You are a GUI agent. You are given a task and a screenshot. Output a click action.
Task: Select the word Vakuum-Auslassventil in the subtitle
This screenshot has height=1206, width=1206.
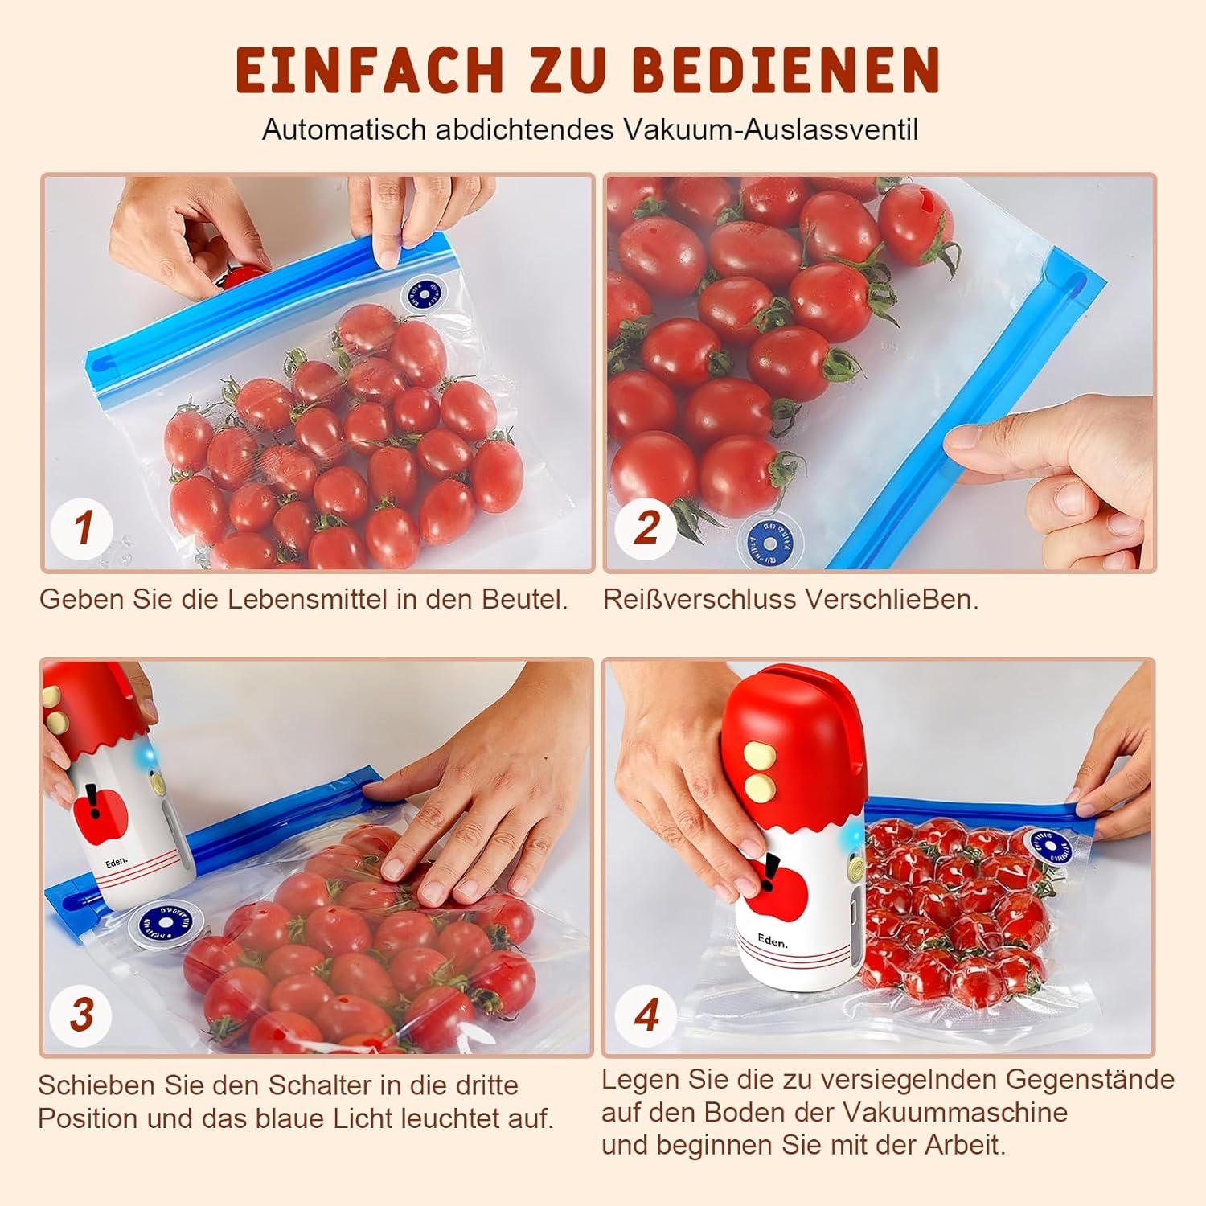[770, 129]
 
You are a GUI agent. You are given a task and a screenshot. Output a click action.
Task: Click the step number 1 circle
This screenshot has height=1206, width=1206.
[83, 527]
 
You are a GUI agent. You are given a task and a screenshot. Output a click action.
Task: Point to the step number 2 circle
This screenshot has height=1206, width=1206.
[646, 527]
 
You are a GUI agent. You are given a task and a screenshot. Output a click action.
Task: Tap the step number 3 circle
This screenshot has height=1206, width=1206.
[81, 1014]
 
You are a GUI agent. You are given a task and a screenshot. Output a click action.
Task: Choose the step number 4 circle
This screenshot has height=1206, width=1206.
[646, 1014]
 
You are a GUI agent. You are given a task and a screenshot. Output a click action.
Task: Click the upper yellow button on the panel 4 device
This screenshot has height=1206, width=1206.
[757, 755]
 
